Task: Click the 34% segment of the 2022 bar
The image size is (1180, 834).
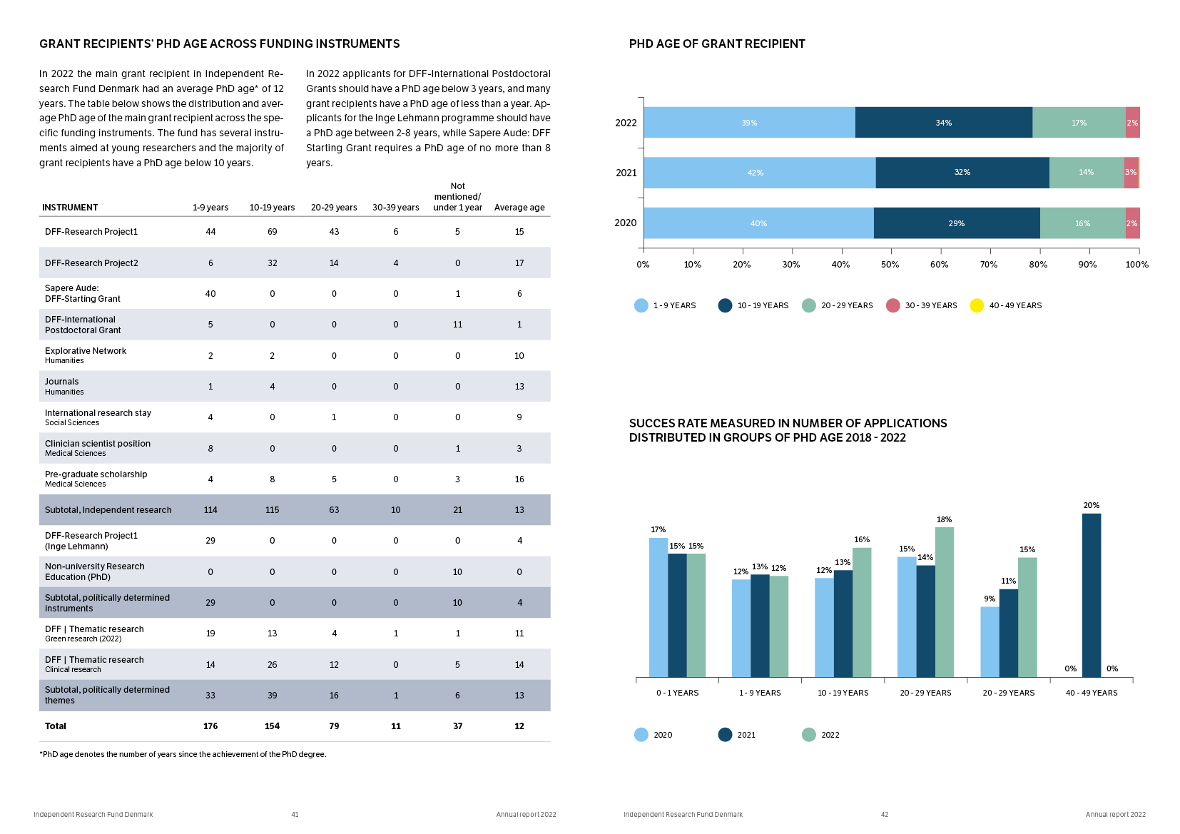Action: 943,123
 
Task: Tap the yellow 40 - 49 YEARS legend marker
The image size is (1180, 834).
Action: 977,305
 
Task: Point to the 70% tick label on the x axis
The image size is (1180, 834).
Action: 988,265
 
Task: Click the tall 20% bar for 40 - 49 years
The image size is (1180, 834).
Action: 1091,595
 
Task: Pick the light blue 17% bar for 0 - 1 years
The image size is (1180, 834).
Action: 658,607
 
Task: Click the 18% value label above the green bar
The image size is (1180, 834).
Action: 944,519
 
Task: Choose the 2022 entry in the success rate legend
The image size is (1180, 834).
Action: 820,735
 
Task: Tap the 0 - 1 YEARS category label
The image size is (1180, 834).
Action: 677,693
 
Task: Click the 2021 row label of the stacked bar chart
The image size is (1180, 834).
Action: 626,173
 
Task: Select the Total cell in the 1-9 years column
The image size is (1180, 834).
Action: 210,726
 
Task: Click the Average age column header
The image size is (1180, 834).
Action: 519,208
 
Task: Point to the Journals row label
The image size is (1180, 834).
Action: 62,382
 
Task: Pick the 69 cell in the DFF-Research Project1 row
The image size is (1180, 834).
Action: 272,232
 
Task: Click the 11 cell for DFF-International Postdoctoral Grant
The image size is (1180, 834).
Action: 457,325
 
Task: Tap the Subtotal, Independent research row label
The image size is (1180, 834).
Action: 108,510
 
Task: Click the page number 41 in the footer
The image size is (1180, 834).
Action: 295,815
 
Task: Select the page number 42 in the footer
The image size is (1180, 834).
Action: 885,815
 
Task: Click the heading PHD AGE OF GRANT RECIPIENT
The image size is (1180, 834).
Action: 716,44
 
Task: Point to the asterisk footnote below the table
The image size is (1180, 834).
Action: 183,754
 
